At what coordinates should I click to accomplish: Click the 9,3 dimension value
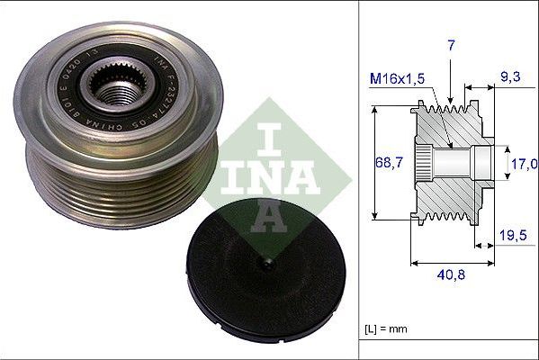coord(509,79)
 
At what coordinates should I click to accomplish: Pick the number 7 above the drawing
coord(451,43)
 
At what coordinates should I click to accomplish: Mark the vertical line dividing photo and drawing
coord(359,180)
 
